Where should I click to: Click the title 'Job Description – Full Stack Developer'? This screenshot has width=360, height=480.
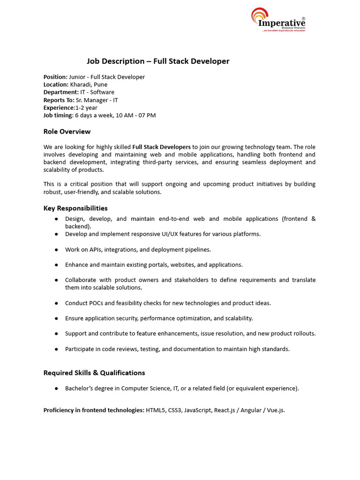[158, 61]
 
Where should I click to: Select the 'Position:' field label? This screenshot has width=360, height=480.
[56, 77]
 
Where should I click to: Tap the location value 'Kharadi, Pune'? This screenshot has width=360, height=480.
[89, 84]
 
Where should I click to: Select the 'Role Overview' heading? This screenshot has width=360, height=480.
[67, 132]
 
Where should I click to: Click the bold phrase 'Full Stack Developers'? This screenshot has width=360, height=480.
[161, 147]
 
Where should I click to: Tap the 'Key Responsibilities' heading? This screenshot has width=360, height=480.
[75, 208]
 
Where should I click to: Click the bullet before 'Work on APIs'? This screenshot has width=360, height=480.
[56, 250]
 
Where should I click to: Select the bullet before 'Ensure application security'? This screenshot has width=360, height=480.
[56, 319]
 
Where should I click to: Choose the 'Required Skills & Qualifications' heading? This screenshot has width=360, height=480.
[94, 373]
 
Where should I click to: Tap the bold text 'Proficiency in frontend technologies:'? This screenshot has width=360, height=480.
[94, 410]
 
